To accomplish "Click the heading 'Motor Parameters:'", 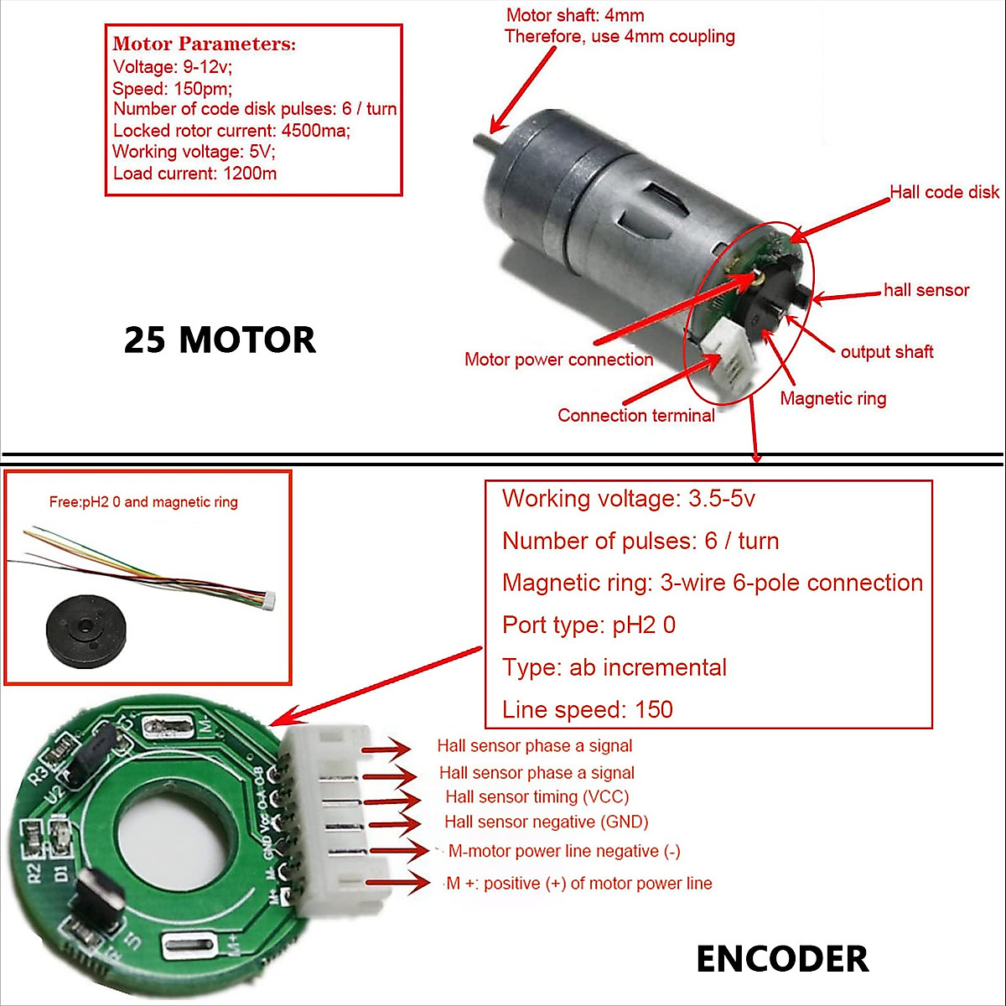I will [x=204, y=44].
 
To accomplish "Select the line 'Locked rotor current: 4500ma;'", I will [x=231, y=131].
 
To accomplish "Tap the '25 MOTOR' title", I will [x=220, y=340].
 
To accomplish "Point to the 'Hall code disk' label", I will [x=943, y=192].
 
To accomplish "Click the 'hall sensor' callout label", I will [x=926, y=291].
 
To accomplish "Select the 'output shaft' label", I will [x=886, y=352].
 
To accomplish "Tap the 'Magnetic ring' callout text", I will [x=832, y=398].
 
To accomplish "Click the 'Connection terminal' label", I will [x=635, y=416].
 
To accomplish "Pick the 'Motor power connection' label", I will [x=558, y=360].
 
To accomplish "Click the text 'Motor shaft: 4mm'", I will [x=575, y=15].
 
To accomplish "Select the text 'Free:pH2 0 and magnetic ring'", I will [x=143, y=502].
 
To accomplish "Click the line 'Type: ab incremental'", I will [x=614, y=667].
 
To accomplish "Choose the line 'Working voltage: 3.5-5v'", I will [x=628, y=499].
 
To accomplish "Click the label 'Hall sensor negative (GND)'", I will [x=546, y=822].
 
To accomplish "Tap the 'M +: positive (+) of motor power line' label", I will [x=578, y=884].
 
